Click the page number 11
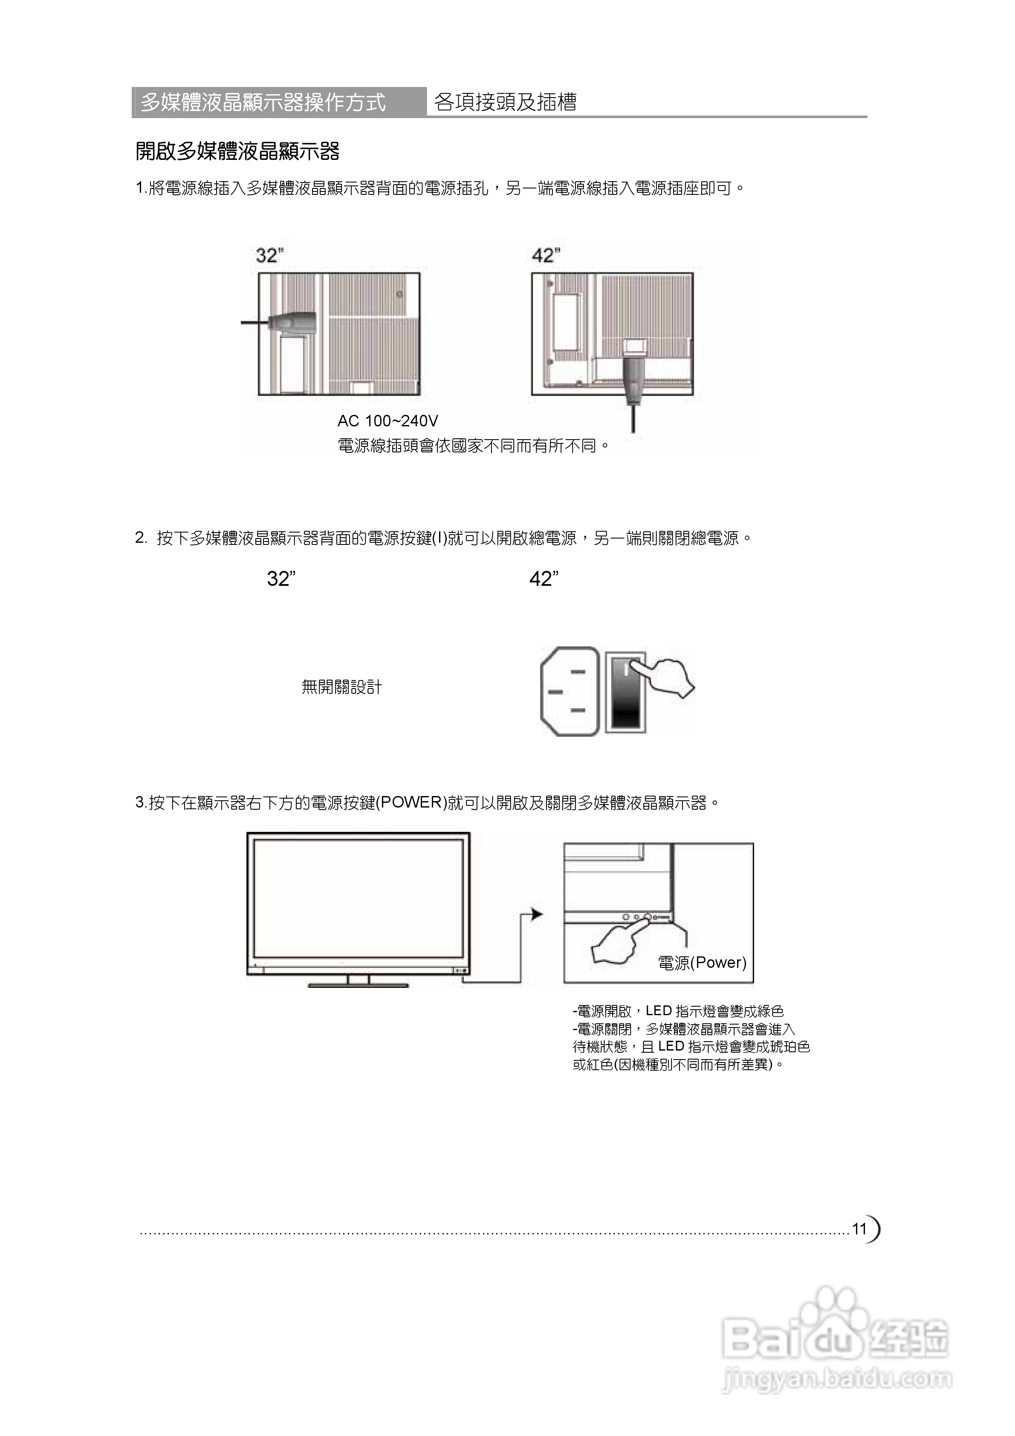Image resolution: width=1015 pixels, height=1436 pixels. [859, 1228]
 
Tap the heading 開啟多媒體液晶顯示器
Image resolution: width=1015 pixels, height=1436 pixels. [237, 151]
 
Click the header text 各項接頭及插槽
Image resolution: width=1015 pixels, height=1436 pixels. [505, 102]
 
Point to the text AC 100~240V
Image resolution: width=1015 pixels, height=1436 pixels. [388, 421]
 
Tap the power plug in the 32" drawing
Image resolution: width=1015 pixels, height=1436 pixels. [290, 321]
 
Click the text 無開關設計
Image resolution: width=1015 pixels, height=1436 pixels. [341, 687]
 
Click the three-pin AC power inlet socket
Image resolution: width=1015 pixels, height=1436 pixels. [570, 691]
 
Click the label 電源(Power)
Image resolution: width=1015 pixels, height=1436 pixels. [702, 963]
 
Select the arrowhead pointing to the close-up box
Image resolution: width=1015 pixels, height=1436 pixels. [537, 915]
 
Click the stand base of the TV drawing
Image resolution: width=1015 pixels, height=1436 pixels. [359, 985]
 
